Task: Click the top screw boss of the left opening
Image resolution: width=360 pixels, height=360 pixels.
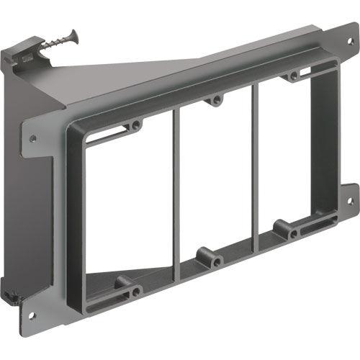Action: (x=135, y=125)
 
